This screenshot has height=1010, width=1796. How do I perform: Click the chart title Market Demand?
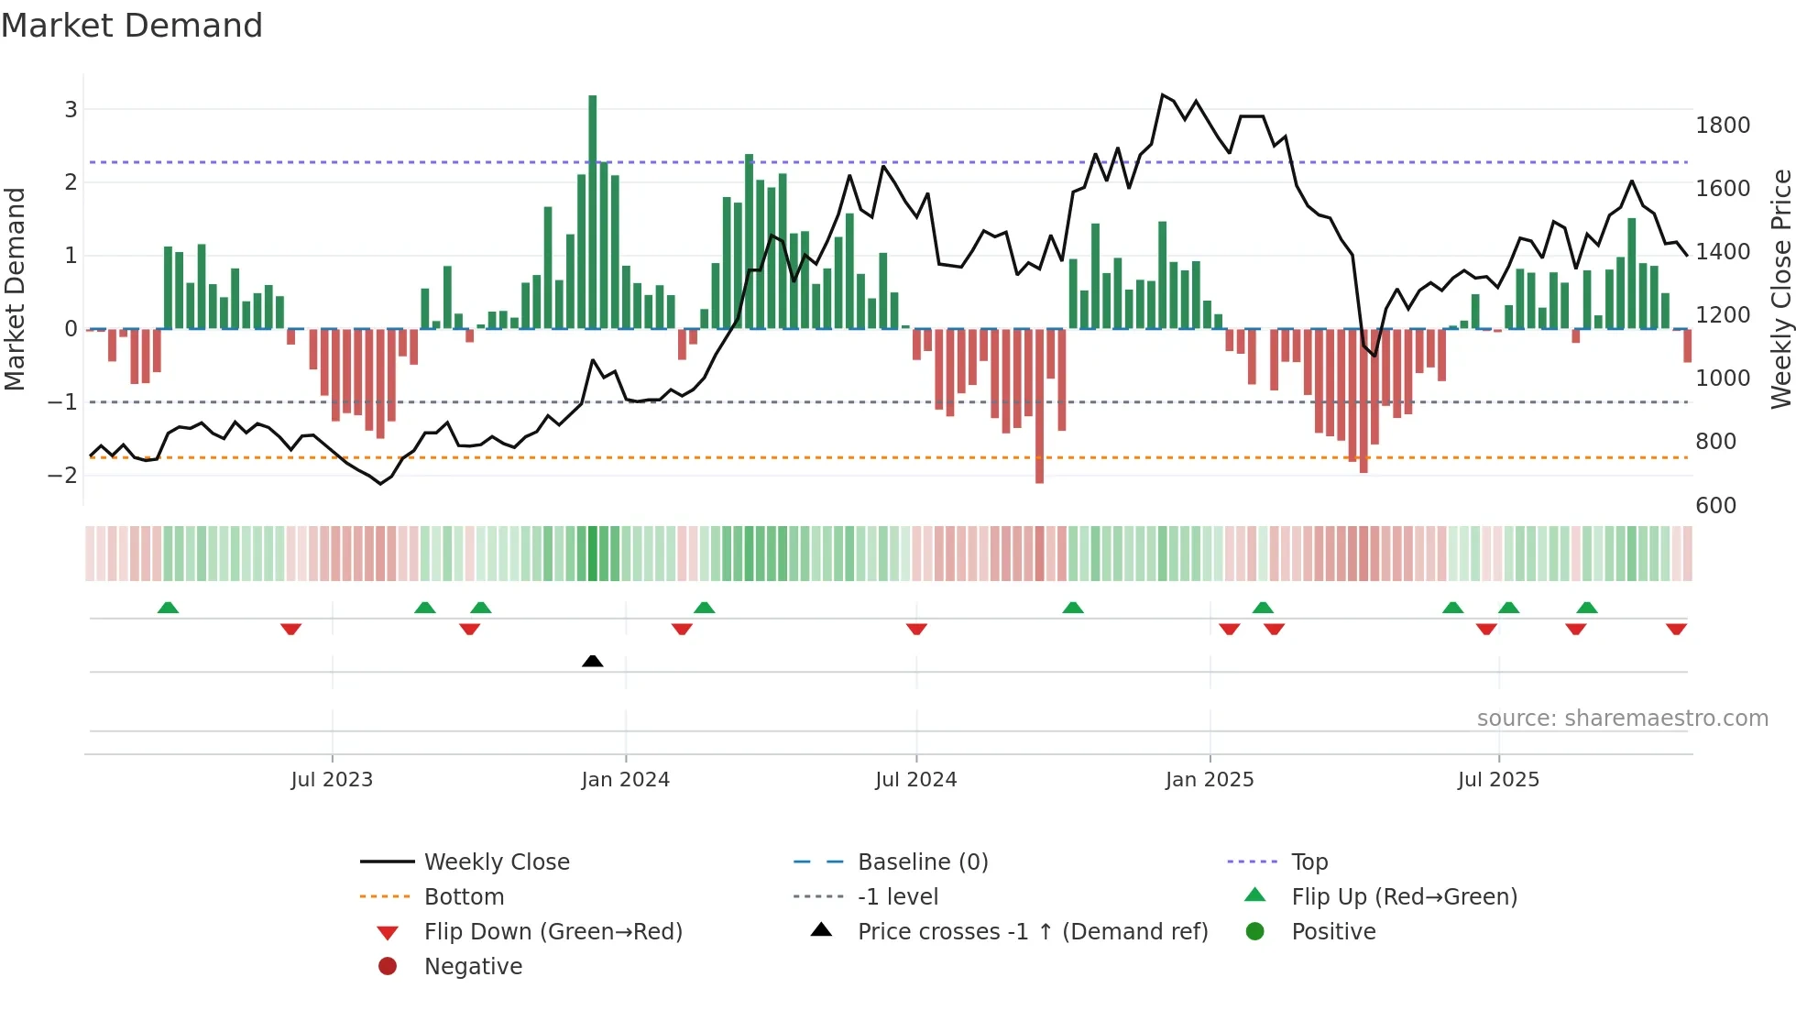click(132, 26)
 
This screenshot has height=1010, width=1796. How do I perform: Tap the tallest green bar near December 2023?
click(593, 211)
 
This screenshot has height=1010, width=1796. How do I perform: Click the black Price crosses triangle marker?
click(593, 661)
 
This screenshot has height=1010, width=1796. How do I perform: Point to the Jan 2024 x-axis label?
click(625, 780)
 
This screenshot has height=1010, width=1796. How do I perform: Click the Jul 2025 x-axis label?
click(1498, 780)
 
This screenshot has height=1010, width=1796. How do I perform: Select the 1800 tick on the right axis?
click(1723, 126)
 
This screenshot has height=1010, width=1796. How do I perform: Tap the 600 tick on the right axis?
click(1715, 506)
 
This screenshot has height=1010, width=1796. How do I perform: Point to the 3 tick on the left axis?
click(71, 110)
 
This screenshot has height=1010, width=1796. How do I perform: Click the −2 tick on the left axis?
click(62, 475)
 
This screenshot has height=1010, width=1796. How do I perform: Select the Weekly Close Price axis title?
click(1780, 289)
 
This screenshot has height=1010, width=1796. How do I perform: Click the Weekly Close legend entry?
click(496, 862)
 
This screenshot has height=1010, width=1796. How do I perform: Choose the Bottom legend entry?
click(464, 897)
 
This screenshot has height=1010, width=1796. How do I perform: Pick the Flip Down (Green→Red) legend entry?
click(553, 932)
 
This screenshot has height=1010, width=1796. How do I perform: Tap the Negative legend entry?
click(473, 967)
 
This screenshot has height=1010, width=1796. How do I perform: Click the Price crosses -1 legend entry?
click(1032, 932)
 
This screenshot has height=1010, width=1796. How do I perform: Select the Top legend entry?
click(1309, 862)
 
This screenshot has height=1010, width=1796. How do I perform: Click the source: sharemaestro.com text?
click(1622, 719)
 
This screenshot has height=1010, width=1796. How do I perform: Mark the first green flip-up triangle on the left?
click(168, 608)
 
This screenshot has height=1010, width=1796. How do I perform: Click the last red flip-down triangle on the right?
click(1676, 629)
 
